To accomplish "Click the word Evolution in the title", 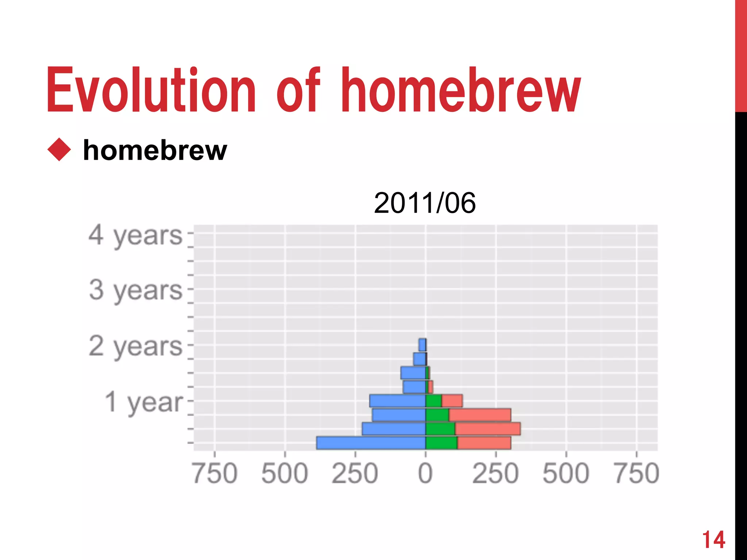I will click(151, 90).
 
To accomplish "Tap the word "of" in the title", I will click(298, 90).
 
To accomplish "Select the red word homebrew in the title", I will click(460, 90).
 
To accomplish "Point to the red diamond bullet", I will click(59, 149).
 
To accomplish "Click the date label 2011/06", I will click(425, 203).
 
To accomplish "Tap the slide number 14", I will click(713, 540).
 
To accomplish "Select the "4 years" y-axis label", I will click(135, 236).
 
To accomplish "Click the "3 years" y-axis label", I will click(135, 291).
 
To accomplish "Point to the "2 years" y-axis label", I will click(135, 347).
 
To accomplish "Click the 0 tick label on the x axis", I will click(425, 474).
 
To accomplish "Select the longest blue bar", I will click(371, 443).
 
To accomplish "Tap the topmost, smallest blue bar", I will click(422, 345).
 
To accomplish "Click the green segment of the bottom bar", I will click(441, 443).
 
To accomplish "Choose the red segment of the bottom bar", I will click(484, 443).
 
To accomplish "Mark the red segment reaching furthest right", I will click(488, 429).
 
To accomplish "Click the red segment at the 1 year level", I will click(452, 401).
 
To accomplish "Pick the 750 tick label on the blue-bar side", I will click(215, 474).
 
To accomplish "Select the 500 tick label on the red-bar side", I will click(566, 474).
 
